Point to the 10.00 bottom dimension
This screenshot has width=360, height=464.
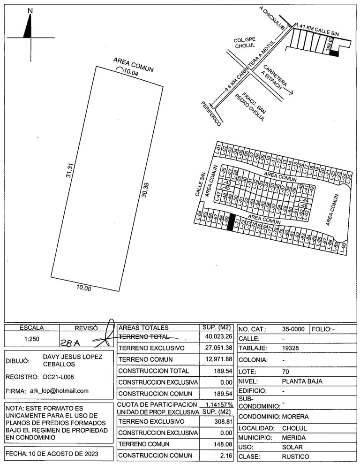84,288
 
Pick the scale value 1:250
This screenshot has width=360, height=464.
32,338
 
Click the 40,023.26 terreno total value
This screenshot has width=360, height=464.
216,337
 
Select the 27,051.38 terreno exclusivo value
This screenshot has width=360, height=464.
216,348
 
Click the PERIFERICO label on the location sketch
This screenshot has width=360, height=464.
211,114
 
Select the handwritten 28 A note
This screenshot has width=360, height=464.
70,342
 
